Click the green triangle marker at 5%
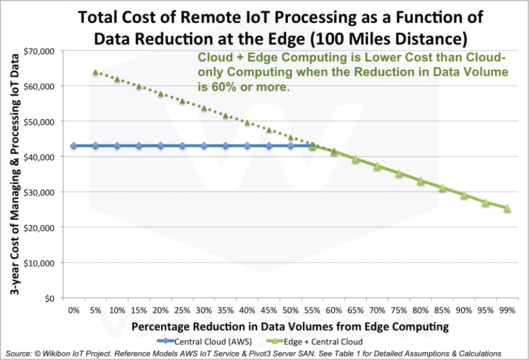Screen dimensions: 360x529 click(96, 72)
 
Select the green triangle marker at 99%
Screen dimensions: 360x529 click(507, 208)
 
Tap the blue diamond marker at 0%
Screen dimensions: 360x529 click(74, 146)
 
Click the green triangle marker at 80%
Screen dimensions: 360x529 click(421, 181)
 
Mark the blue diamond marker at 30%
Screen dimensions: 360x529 click(204, 146)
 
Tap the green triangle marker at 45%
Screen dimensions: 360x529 click(269, 130)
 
